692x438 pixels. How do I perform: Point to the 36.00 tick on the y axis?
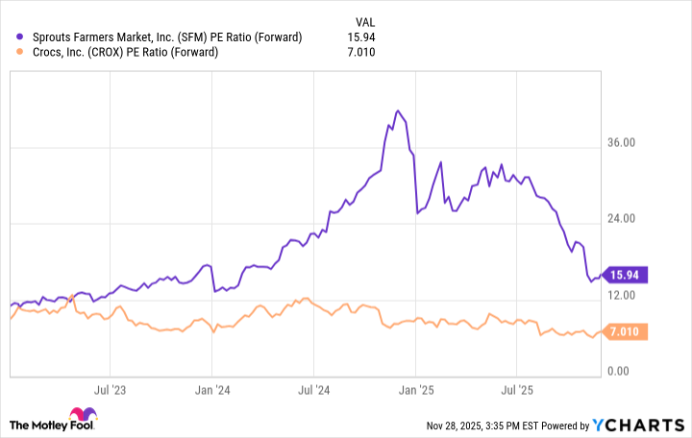point(623,144)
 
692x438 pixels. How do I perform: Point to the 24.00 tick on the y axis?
point(623,219)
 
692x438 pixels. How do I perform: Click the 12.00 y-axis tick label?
point(623,295)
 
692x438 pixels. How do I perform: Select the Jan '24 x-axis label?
point(211,391)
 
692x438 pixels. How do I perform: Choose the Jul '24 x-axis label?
point(313,391)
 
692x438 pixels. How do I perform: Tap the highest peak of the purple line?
point(398,111)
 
